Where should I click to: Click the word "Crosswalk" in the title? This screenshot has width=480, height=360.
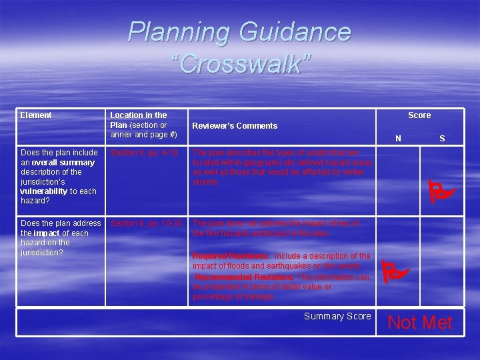click(240, 63)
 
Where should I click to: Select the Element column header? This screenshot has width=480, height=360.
click(36, 115)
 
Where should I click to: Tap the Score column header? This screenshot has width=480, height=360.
click(419, 115)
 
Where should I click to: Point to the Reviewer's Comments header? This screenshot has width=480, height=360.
click(235, 125)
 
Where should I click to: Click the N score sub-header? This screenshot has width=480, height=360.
click(398, 139)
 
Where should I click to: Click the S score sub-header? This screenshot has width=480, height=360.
click(441, 139)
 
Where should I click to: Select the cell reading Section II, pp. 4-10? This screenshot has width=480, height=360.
click(145, 153)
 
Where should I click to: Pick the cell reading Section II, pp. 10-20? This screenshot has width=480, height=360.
click(146, 223)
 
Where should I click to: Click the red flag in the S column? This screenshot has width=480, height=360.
click(441, 193)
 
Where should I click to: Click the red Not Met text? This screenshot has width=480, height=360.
click(419, 323)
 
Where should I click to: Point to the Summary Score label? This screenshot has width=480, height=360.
click(337, 316)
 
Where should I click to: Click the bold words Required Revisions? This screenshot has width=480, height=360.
click(231, 256)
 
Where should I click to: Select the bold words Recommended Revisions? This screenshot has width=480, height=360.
click(245, 277)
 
